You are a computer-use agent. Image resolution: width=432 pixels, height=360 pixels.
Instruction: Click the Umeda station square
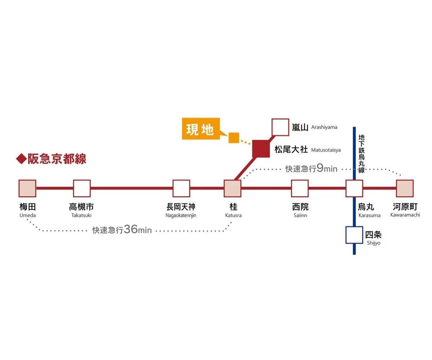point(27,188)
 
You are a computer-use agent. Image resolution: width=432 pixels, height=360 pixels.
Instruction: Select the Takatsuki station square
point(82,188)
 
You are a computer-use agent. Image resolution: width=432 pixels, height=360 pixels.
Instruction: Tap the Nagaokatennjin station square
point(181,188)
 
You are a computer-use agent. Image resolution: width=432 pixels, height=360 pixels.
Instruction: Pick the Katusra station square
point(232,188)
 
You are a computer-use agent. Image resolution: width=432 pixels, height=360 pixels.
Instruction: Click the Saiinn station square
point(300,188)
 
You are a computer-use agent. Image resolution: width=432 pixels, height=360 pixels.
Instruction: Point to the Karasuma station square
point(354,188)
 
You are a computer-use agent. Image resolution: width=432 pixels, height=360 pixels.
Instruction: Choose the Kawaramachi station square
point(405,188)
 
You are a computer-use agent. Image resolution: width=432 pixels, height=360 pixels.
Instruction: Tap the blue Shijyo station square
point(354,235)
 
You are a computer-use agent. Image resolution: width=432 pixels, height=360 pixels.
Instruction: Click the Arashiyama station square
point(280,127)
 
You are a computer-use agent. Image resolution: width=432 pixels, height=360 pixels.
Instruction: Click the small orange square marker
point(234,138)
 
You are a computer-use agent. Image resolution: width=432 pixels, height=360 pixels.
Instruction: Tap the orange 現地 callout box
point(200,129)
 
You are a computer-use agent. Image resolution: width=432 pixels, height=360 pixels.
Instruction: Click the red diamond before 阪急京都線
point(21,159)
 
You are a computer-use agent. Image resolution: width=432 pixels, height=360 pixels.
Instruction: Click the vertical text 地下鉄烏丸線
point(361,154)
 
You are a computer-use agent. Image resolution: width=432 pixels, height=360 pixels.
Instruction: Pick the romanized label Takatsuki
point(82,215)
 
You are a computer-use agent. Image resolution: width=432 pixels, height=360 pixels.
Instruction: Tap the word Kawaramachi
point(405,215)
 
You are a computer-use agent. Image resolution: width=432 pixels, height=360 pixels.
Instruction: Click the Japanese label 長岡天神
point(181,207)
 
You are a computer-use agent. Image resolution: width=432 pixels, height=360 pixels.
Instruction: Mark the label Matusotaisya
point(326,150)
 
